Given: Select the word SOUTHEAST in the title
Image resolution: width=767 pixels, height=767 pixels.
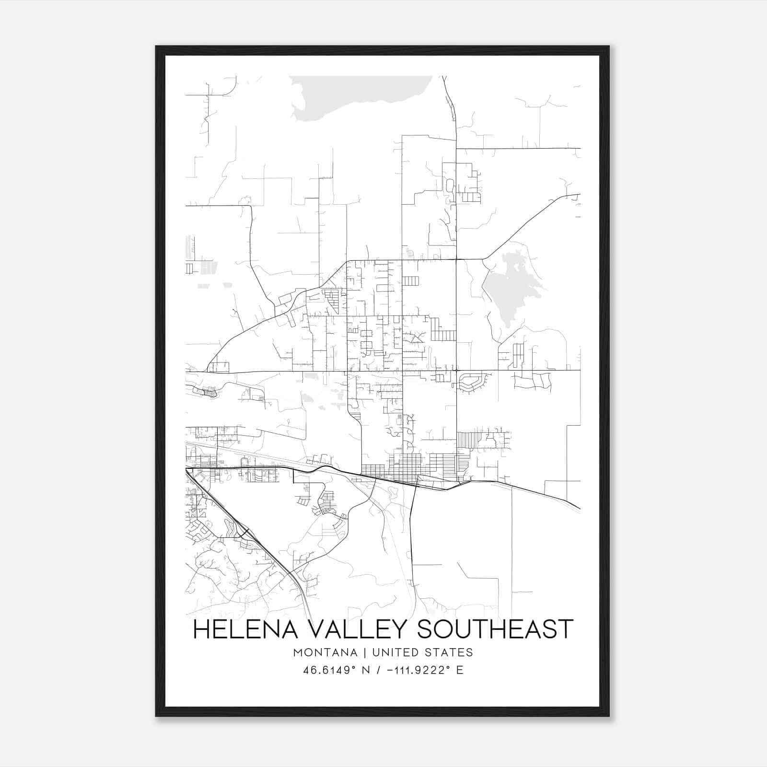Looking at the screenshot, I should [x=495, y=629].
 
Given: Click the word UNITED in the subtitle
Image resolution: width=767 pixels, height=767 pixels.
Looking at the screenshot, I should [x=397, y=652].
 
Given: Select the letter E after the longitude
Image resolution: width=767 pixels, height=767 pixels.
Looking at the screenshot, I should [x=460, y=670].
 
